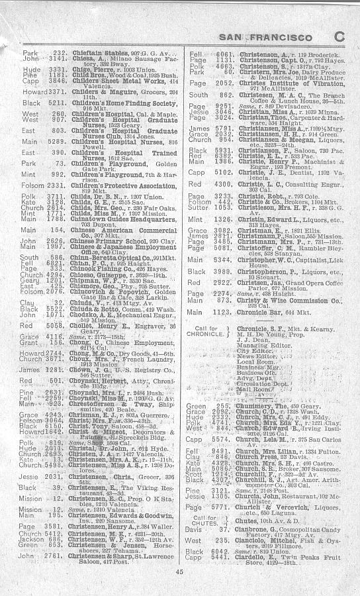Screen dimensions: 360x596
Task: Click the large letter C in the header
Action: coord(339,38)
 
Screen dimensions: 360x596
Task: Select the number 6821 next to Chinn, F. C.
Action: coord(57,263)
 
